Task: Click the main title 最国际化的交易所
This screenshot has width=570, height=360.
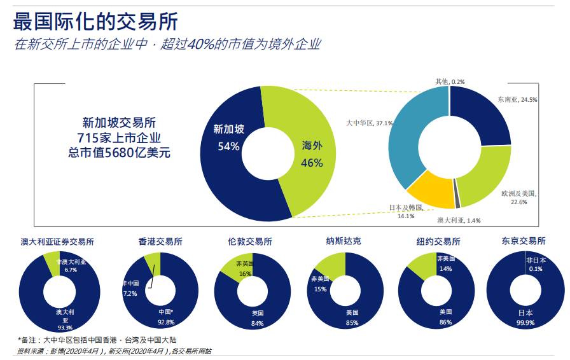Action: tap(95, 21)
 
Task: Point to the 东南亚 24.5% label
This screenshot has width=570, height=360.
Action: tap(518, 100)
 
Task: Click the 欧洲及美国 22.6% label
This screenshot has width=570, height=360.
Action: tap(519, 197)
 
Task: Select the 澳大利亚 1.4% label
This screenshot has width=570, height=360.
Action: tap(459, 220)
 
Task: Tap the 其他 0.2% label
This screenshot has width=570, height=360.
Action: tap(450, 81)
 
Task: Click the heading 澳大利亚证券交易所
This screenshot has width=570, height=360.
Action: tap(57, 242)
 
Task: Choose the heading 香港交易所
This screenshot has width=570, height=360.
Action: tap(160, 242)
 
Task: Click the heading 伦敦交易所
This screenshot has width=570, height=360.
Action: tap(250, 242)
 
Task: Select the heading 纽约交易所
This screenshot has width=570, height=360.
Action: tap(438, 242)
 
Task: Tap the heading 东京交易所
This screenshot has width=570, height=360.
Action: tap(524, 242)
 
